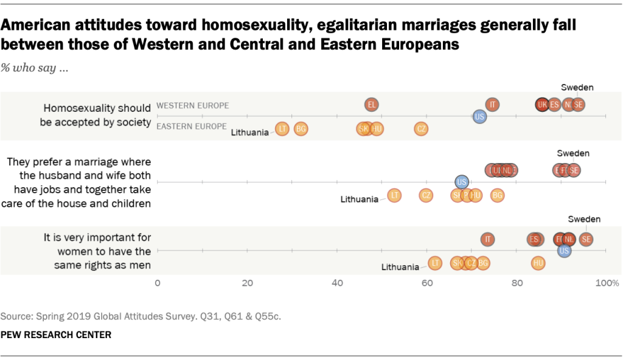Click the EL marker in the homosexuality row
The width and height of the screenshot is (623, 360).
pyautogui.click(x=371, y=105)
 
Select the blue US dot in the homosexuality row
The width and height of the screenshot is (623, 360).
pyautogui.click(x=479, y=116)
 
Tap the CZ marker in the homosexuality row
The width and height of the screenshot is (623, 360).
pyautogui.click(x=421, y=128)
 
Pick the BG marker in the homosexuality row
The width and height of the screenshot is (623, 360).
pyautogui.click(x=301, y=128)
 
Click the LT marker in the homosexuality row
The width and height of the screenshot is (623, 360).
pyautogui.click(x=282, y=128)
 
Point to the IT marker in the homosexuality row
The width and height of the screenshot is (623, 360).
pyautogui.click(x=493, y=105)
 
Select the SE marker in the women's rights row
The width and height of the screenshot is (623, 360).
pyautogui.click(x=586, y=239)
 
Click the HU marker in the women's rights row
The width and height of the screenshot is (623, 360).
pyautogui.click(x=538, y=263)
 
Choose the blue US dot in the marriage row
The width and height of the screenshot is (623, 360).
pyautogui.click(x=462, y=181)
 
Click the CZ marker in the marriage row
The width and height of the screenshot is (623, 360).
pyautogui.click(x=426, y=195)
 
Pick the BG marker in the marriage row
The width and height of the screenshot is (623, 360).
pyautogui.click(x=498, y=195)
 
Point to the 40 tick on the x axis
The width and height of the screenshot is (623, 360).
pyautogui.click(x=337, y=283)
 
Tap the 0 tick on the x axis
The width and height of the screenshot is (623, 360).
pyautogui.click(x=158, y=283)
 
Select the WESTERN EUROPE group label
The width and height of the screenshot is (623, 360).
pyautogui.click(x=193, y=105)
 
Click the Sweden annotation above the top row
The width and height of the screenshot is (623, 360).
pyautogui.click(x=577, y=87)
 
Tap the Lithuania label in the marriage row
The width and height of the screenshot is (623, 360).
pyautogui.click(x=360, y=199)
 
